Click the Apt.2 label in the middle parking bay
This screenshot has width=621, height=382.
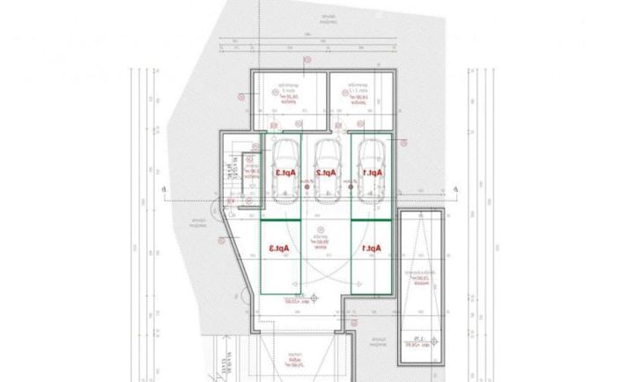(x=327, y=173)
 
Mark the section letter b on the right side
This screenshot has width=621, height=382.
(x=455, y=188)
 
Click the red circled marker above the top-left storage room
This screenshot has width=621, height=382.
(x=307, y=60)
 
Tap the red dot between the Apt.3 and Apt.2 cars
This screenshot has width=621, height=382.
(x=305, y=188)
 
